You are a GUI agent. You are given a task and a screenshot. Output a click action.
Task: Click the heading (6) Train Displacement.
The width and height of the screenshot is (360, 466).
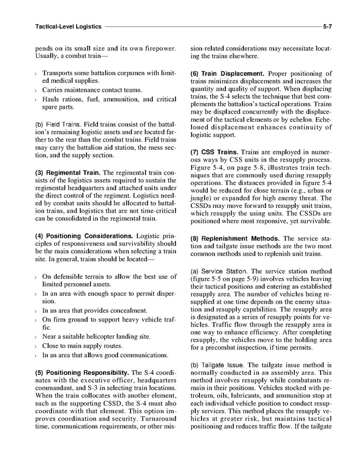[x=227, y=74]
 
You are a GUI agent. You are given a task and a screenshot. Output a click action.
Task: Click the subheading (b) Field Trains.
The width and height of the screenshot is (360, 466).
[x=58, y=125]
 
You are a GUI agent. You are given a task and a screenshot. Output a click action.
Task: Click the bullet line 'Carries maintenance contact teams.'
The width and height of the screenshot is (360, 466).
[x=92, y=90]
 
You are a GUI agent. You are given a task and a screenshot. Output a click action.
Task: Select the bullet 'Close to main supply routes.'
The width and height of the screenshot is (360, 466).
[x=82, y=346]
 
